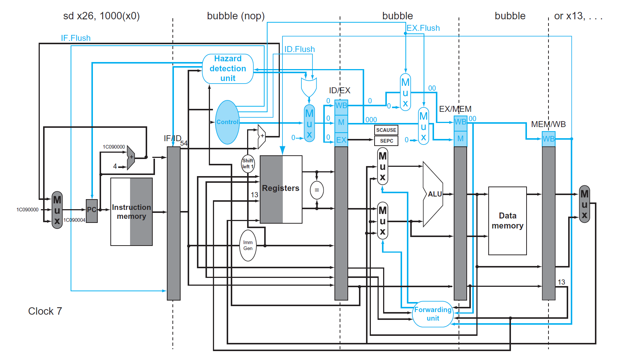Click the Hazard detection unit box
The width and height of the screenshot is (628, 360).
[228, 69]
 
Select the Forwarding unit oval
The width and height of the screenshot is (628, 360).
[433, 314]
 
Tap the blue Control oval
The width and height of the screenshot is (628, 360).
[227, 122]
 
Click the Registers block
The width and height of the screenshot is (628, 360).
[281, 189]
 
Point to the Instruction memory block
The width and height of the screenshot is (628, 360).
[132, 212]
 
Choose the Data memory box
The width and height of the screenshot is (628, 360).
[507, 221]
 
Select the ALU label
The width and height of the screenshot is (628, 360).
[434, 194]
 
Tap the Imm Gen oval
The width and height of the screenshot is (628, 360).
[248, 246]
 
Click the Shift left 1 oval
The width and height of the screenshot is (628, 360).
[248, 164]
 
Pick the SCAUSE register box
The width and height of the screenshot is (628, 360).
[386, 130]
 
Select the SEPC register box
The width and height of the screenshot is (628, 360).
[386, 141]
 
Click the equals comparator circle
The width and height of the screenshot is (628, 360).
[317, 190]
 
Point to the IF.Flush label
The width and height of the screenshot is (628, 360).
[76, 38]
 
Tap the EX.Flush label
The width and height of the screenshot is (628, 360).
[423, 28]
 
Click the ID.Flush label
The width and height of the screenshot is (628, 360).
[300, 49]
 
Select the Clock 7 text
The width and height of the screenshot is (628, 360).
[45, 311]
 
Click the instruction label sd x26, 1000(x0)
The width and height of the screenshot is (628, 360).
[101, 16]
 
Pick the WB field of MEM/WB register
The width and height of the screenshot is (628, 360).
[548, 139]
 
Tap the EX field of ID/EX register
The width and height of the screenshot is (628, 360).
[341, 140]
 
